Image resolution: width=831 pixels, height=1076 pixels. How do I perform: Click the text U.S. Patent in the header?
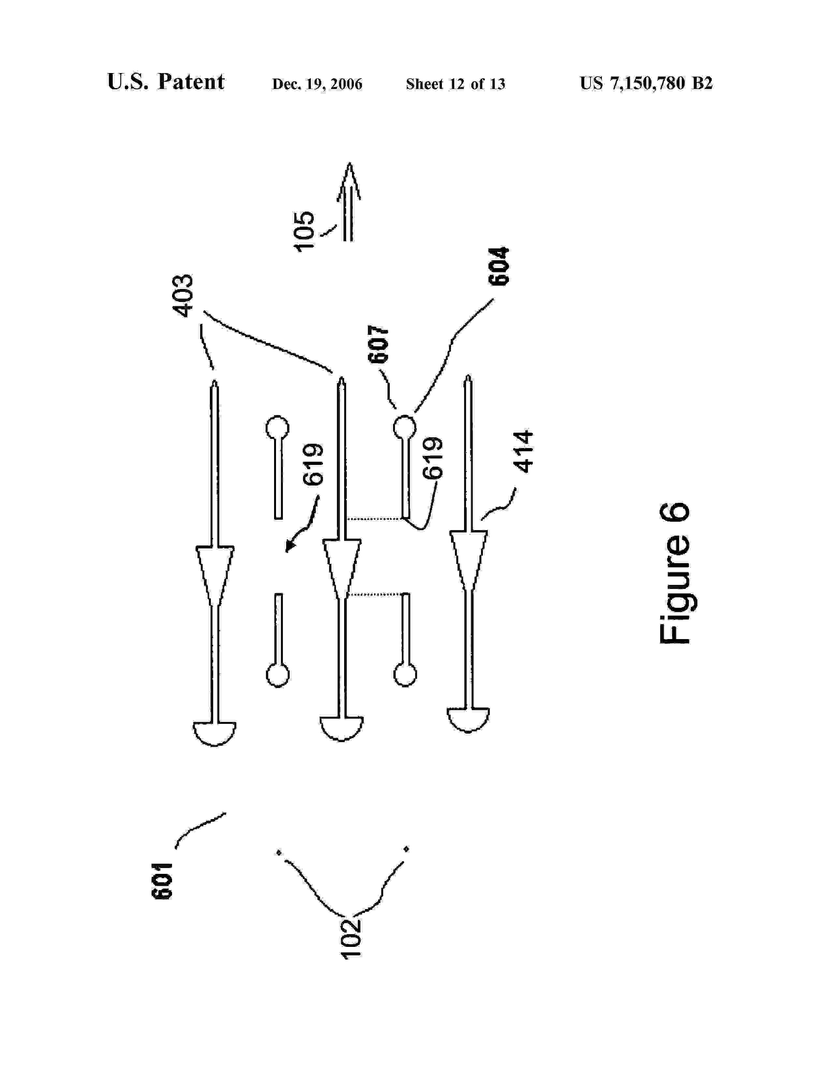[x=166, y=82]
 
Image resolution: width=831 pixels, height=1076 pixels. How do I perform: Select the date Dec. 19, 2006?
[x=317, y=84]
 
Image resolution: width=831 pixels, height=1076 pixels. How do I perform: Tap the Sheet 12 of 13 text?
[x=455, y=84]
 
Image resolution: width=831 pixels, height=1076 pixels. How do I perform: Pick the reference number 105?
[x=304, y=232]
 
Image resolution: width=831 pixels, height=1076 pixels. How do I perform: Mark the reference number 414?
[x=523, y=452]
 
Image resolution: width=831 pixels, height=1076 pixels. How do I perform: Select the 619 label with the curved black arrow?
[x=313, y=465]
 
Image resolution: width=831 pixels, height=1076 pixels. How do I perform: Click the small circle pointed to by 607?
[x=405, y=426]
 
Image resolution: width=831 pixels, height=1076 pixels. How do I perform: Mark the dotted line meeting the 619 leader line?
[x=374, y=519]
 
